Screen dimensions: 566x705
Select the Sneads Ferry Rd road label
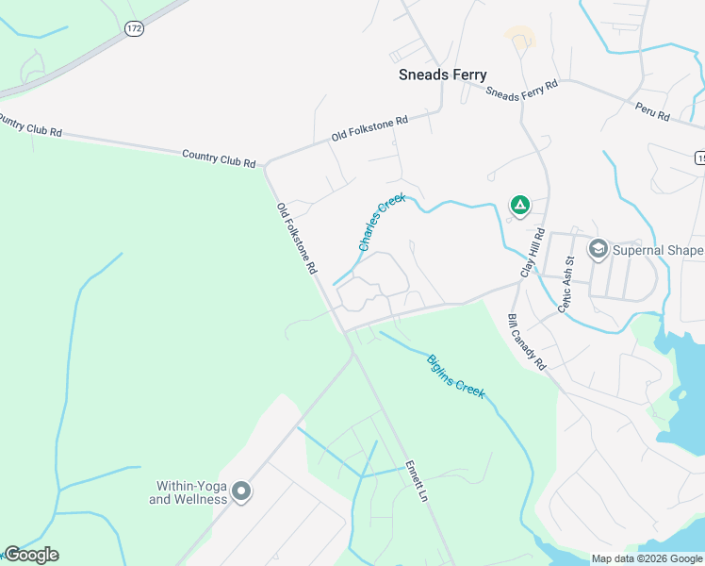pos(521,90)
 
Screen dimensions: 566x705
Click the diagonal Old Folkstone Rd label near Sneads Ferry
pos(369,129)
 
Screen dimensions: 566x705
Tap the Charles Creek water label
pos(381,222)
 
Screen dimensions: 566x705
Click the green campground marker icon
pos(518,204)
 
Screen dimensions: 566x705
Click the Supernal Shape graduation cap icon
pos(597,249)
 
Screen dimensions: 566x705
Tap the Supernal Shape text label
pos(658,250)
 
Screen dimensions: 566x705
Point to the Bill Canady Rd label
pos(527,341)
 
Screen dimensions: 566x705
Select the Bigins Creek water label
pos(455,375)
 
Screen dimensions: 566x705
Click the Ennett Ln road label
pos(417,481)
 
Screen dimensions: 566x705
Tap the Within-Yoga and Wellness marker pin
pos(241,491)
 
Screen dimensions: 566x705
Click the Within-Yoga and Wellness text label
pos(189,492)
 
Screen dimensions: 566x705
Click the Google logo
pos(31,555)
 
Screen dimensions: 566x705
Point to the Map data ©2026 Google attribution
pos(646,558)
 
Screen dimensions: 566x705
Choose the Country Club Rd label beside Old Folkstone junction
pos(219,158)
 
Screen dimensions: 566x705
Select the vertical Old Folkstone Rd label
pos(297,238)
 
